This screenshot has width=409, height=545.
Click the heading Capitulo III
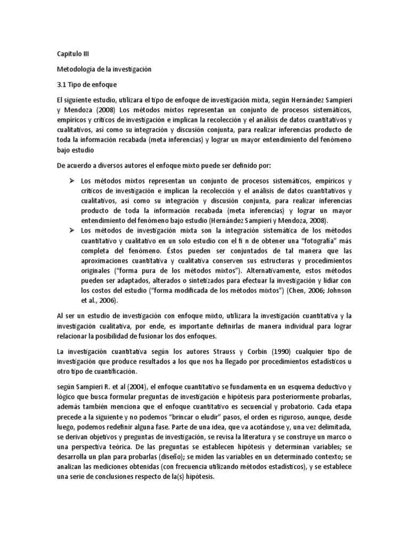coord(74,54)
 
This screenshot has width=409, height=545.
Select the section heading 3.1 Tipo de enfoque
coord(86,85)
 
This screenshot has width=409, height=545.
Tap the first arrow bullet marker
coord(71,181)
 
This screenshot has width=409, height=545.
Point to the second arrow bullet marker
coord(71,230)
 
